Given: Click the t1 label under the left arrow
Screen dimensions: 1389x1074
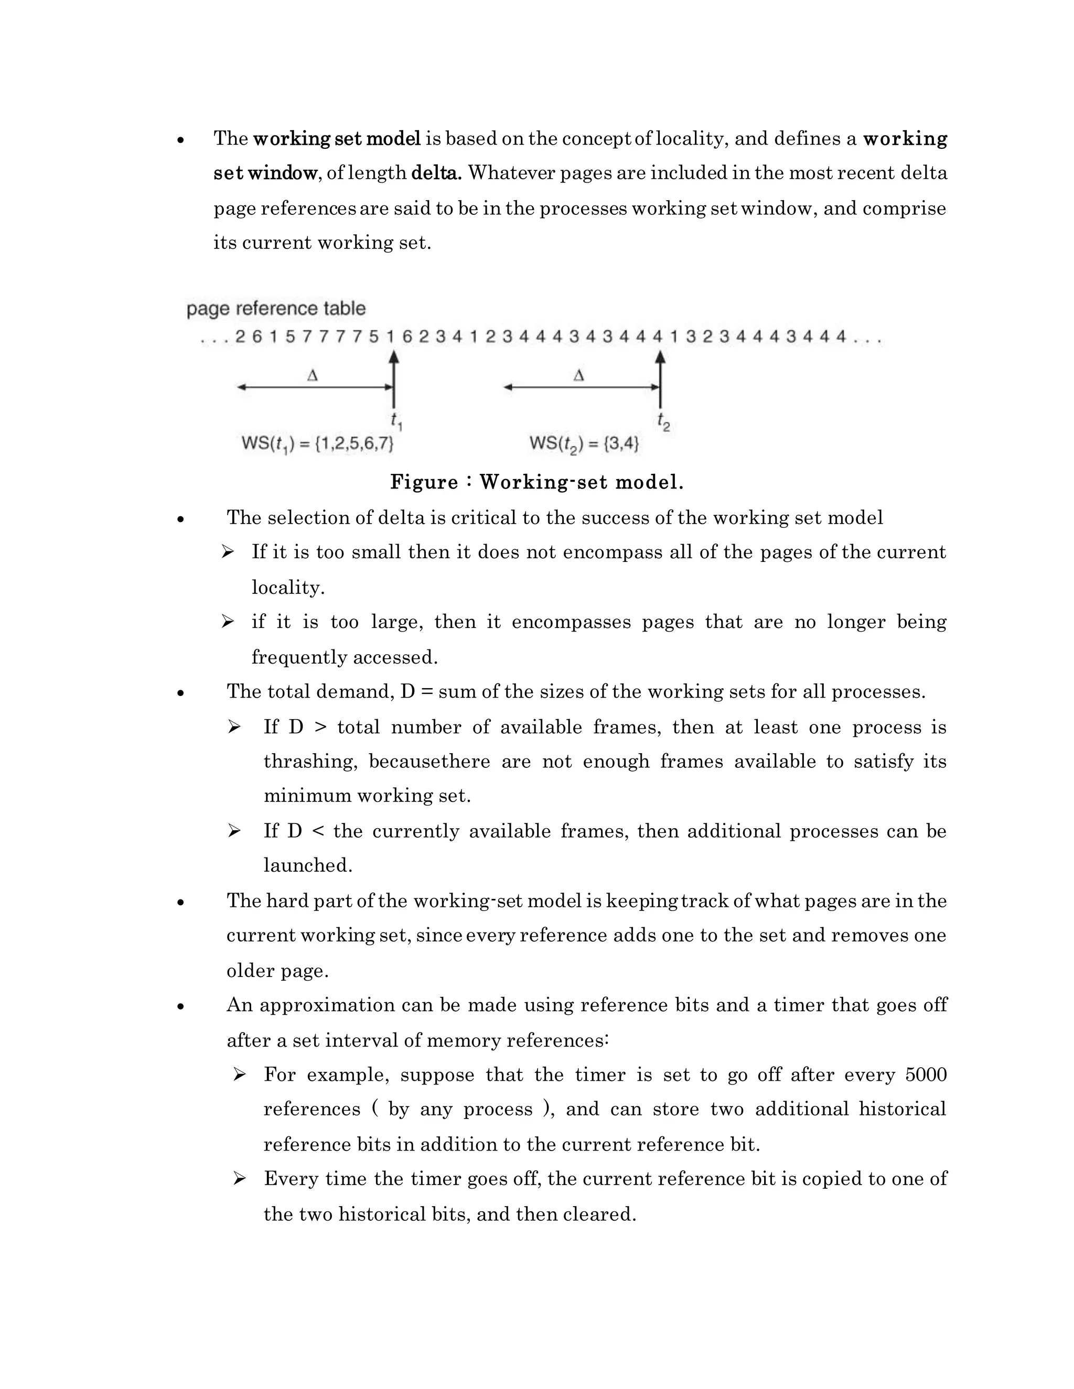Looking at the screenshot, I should pyautogui.click(x=396, y=421).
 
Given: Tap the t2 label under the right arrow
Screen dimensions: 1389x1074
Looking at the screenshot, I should pyautogui.click(x=663, y=421).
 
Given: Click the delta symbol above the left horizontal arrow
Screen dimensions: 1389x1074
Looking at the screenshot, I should pyautogui.click(x=313, y=376).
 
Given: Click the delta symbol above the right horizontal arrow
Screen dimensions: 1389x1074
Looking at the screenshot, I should pyautogui.click(x=578, y=376).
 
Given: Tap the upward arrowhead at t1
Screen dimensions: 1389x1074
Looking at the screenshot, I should pyautogui.click(x=394, y=357).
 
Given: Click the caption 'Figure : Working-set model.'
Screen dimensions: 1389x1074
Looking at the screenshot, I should pyautogui.click(x=536, y=482).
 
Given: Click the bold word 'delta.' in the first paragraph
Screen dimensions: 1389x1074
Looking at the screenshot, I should pyautogui.click(x=436, y=173).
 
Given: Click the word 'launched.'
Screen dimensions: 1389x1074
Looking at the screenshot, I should pyautogui.click(x=308, y=865).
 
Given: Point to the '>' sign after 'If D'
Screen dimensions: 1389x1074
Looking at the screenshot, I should pyautogui.click(x=320, y=727).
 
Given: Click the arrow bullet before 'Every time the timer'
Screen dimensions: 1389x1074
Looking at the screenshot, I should pyautogui.click(x=239, y=1179).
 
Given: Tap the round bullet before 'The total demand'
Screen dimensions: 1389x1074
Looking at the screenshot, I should pyautogui.click(x=181, y=693).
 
